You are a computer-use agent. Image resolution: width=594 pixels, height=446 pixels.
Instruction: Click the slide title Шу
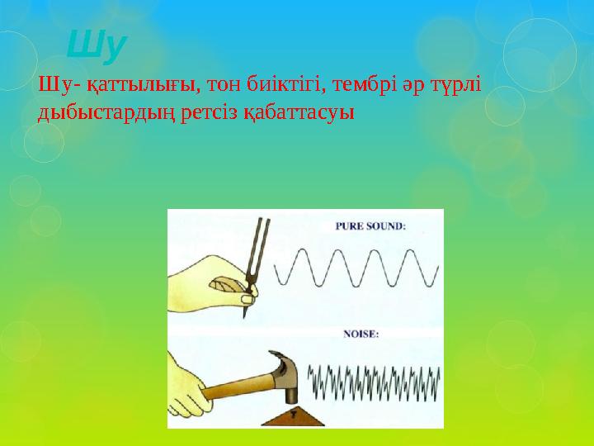click(95, 48)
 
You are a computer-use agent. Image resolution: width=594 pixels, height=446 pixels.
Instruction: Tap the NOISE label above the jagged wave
click(361, 334)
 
